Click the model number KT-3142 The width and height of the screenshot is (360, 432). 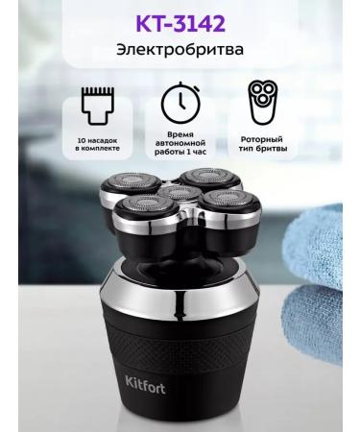(180, 19)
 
